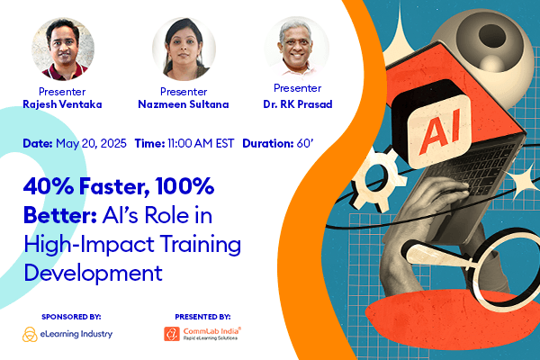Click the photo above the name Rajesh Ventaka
(63, 48)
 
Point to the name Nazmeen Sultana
(184, 103)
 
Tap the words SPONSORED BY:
(72, 316)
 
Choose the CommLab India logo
(201, 335)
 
